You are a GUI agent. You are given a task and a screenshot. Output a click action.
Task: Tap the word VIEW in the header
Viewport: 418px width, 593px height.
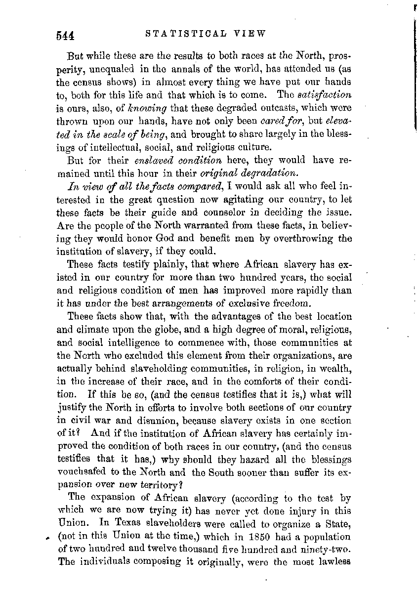coord(250,34)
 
